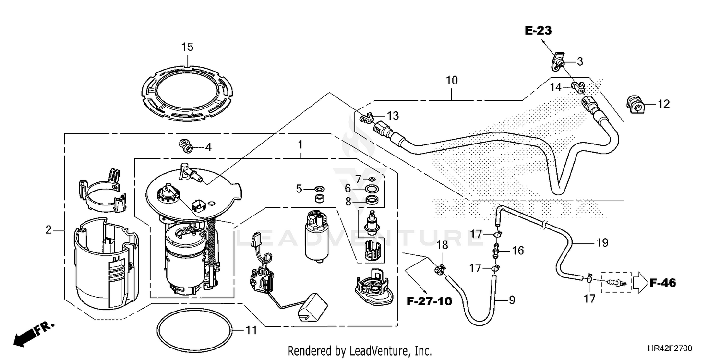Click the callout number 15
pyautogui.click(x=187, y=47)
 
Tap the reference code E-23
pyautogui.click(x=538, y=31)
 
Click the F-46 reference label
pyautogui.click(x=663, y=283)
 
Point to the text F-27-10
pyautogui.click(x=429, y=301)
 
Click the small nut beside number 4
pyautogui.click(x=186, y=145)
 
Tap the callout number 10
pyautogui.click(x=452, y=80)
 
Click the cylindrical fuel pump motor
pyautogui.click(x=317, y=236)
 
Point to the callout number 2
pyautogui.click(x=48, y=230)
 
